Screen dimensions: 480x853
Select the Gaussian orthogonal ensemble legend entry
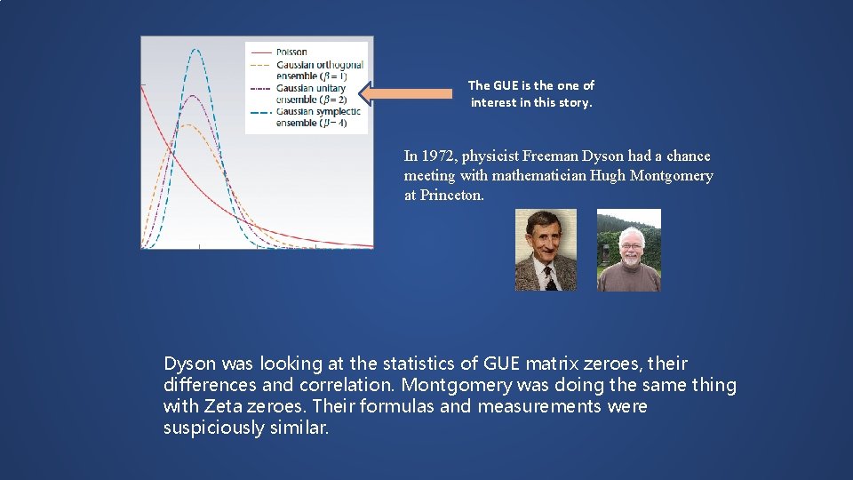pos(318,69)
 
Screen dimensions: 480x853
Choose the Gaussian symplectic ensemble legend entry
pos(317,116)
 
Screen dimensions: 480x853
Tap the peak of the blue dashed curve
pos(196,50)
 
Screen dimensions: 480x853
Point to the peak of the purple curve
pos(189,95)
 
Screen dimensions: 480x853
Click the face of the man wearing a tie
pos(544,246)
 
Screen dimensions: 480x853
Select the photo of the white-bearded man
pos(628,250)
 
